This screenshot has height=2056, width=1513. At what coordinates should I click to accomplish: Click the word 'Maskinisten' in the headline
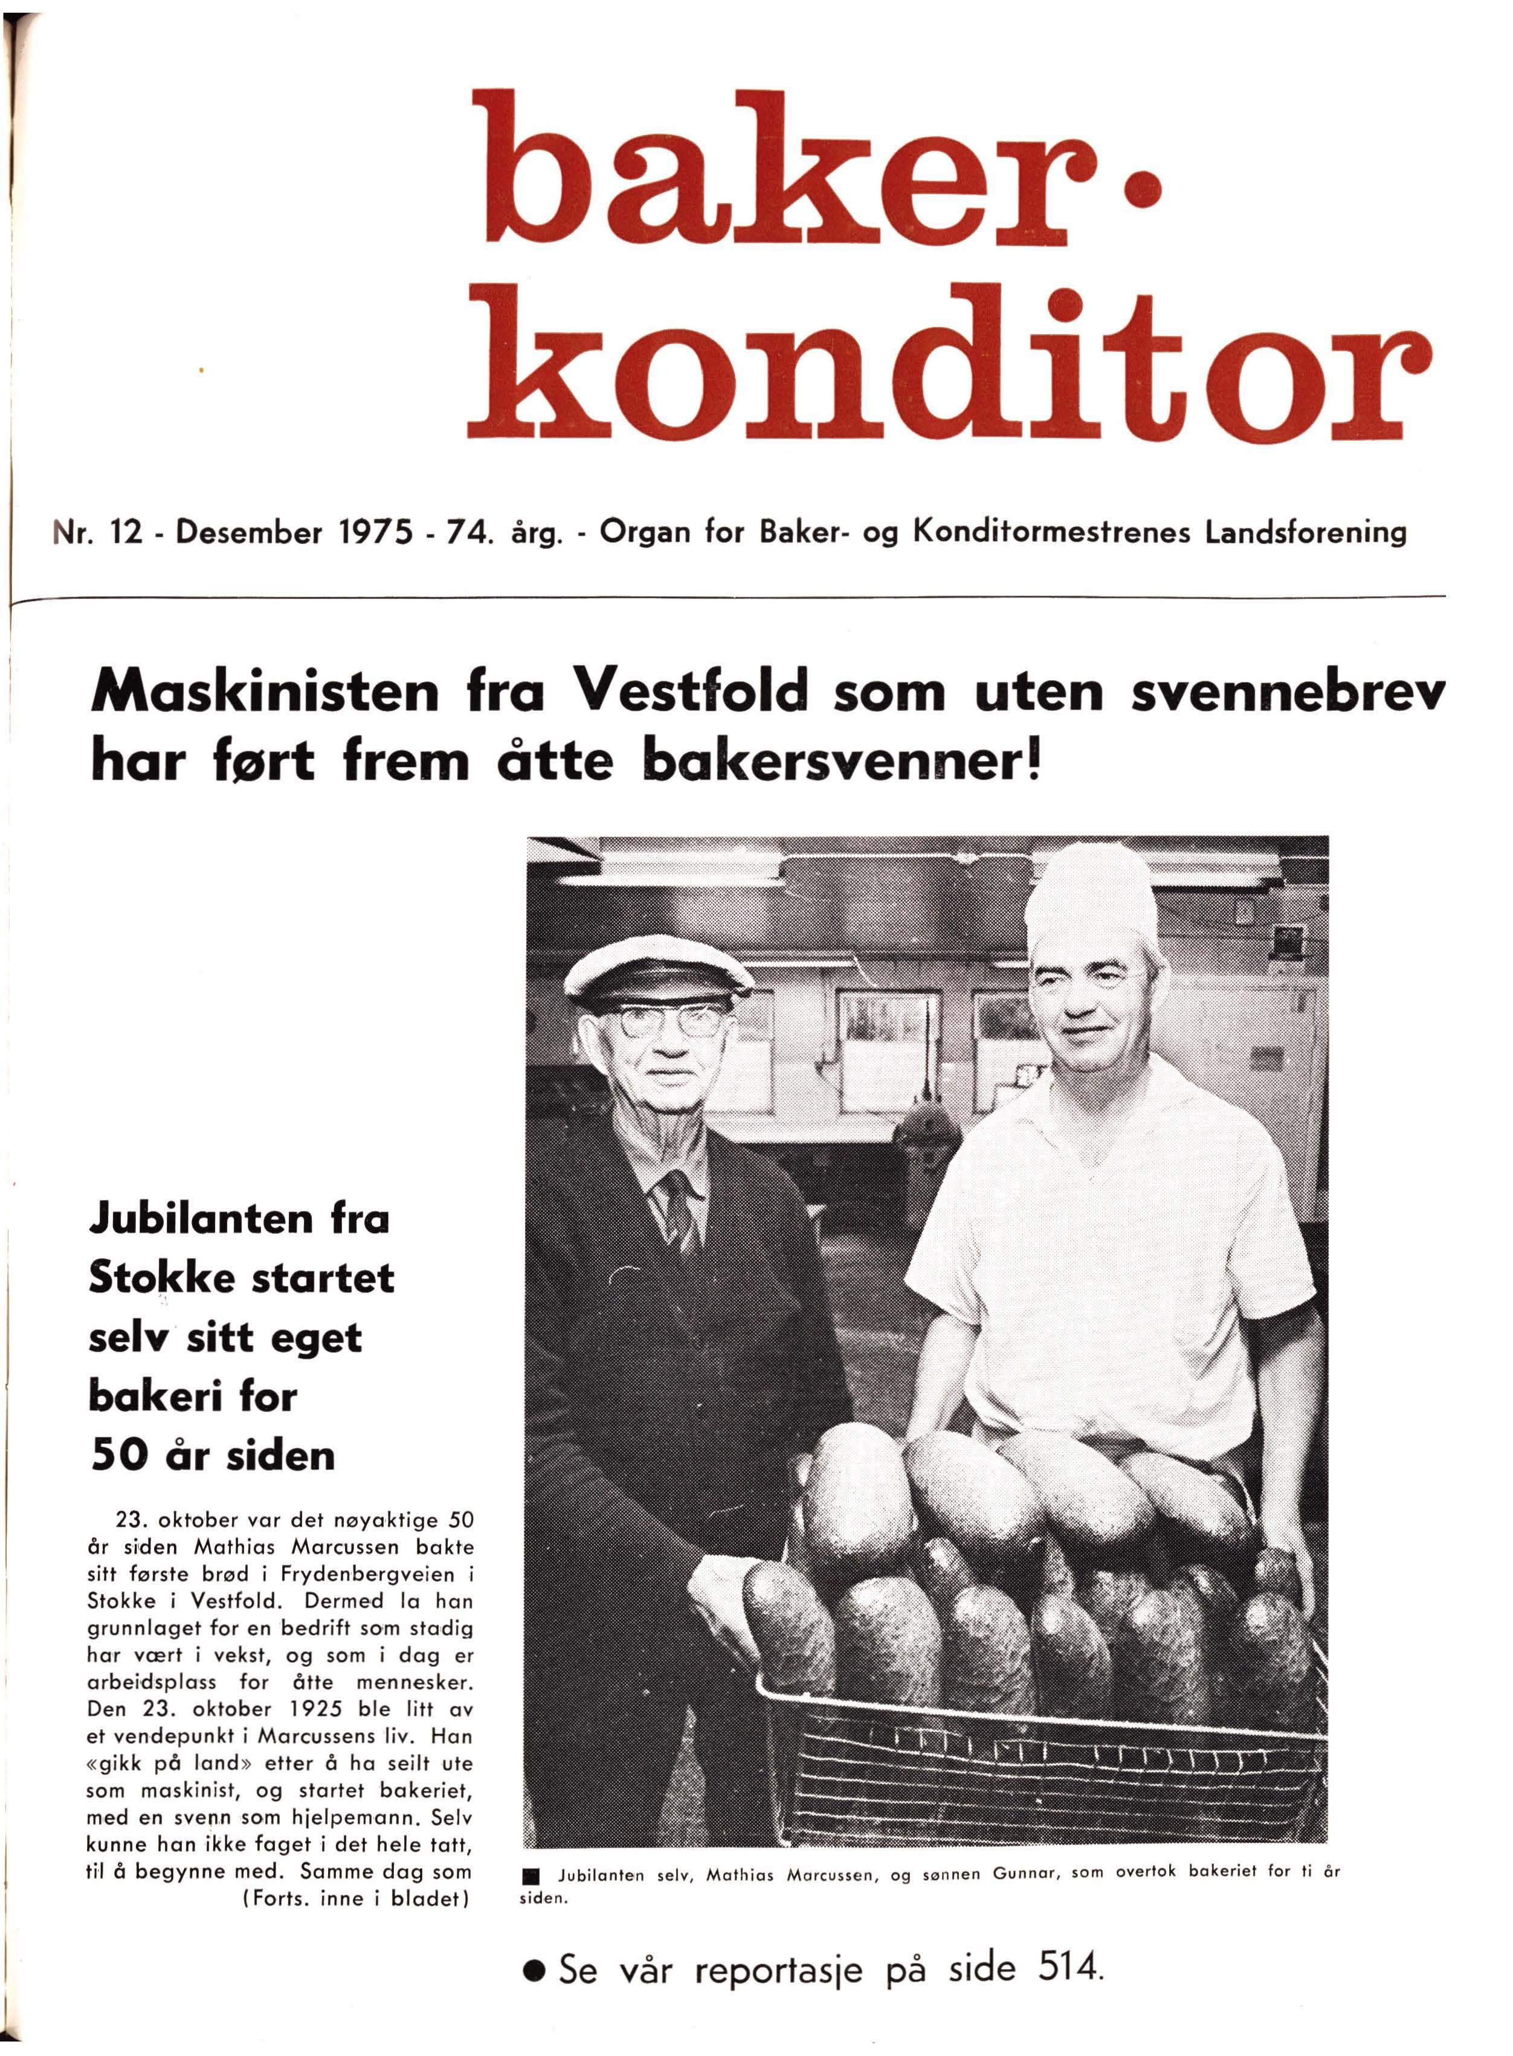point(266,693)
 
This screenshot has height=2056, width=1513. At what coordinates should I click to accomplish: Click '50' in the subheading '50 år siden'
point(119,1454)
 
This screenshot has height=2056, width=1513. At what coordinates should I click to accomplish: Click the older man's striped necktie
point(678,1209)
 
